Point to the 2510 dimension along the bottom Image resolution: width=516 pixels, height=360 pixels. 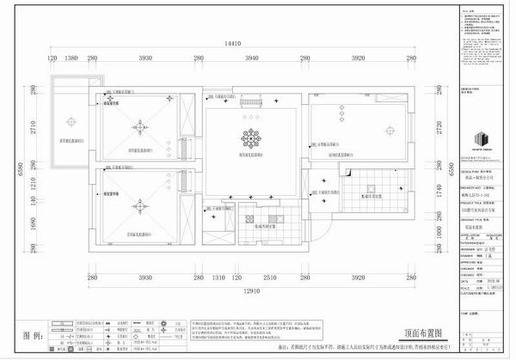coord(270,278)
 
